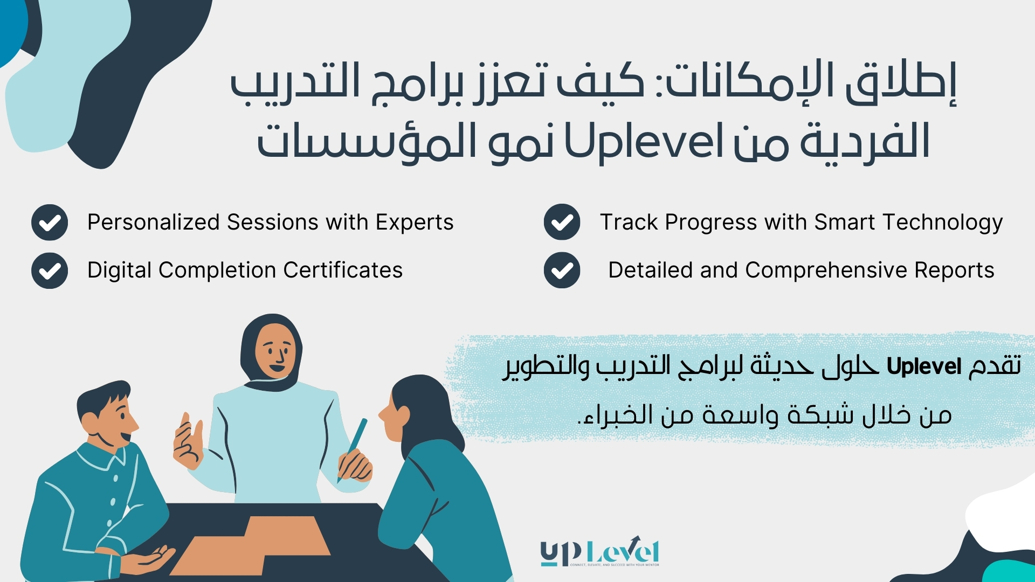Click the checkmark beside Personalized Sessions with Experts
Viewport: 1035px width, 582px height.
[50, 222]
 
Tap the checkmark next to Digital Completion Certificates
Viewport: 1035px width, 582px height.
[50, 270]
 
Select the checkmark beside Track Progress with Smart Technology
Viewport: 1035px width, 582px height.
[562, 222]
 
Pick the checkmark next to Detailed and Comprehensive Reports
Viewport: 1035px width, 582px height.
[562, 270]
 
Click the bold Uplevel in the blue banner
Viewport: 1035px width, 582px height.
[924, 367]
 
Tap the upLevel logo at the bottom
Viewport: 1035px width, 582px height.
[599, 553]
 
